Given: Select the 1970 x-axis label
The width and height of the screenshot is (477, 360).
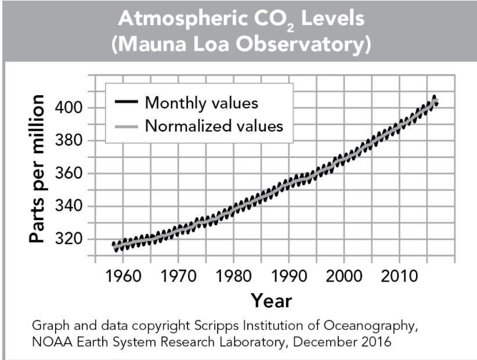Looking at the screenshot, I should (x=178, y=275).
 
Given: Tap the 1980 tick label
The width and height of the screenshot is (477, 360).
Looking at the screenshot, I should (x=233, y=275).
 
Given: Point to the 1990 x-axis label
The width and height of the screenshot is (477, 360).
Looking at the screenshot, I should (x=288, y=275).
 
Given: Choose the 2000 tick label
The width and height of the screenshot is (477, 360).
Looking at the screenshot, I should (x=344, y=275).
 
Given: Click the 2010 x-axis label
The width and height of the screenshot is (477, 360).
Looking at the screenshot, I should (x=399, y=275).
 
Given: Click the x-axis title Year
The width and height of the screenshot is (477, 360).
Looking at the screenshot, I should (x=271, y=300).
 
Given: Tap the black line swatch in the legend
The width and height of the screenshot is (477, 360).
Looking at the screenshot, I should (x=126, y=103).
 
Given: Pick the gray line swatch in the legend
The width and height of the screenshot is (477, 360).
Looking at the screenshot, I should (x=126, y=125).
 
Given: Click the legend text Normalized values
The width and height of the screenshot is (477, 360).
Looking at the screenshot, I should (x=214, y=125).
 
